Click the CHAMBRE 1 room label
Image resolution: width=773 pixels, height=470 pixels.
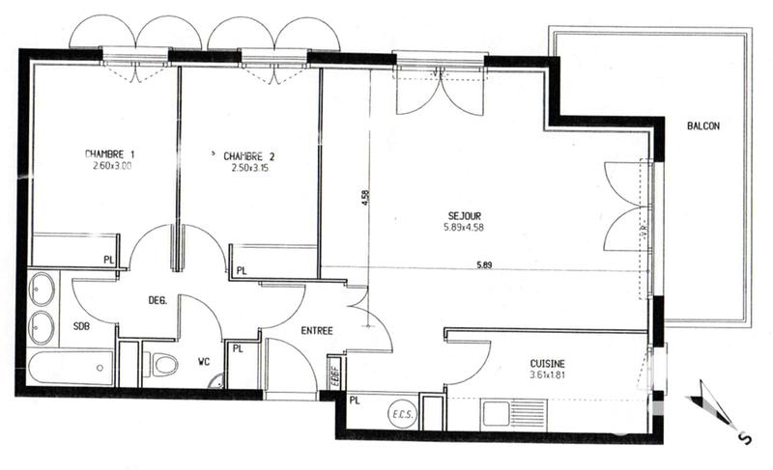point(109,153)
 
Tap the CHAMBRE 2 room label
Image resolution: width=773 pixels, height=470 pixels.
point(249,155)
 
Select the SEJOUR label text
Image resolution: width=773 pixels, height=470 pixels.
point(464,215)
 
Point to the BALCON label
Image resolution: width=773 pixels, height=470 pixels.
point(703,126)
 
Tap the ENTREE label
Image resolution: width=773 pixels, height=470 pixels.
point(317,331)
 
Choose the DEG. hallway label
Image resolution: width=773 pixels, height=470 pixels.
point(157,300)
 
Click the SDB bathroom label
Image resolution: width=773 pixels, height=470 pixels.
point(82,326)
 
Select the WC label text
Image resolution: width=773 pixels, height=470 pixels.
point(204,363)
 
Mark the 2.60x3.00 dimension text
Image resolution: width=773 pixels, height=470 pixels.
point(109,165)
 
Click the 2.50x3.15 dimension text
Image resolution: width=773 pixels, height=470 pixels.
point(249,167)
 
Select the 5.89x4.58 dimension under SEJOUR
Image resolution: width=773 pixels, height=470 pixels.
point(464,228)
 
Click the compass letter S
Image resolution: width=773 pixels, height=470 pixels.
point(744,438)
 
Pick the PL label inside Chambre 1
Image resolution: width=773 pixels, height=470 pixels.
point(109,260)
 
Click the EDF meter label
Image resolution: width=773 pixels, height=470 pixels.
point(333,371)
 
